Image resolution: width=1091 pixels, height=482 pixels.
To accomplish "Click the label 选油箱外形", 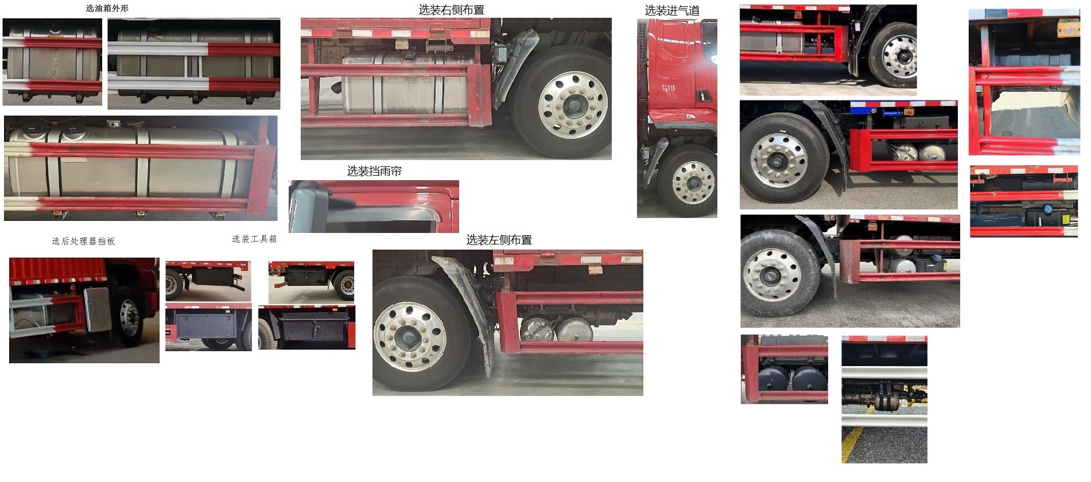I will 107,9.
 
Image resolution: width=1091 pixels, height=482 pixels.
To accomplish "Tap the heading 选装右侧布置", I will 451,10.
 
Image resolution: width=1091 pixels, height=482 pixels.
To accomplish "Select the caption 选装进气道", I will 671,10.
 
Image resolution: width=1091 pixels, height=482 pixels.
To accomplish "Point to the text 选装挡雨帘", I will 374,171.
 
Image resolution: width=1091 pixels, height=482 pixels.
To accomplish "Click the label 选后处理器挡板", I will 83,242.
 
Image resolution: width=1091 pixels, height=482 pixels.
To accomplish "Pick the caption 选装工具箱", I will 254,239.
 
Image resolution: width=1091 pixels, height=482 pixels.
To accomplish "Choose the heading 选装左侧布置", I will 499,240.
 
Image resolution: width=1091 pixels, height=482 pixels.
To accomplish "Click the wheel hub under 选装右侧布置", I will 572,105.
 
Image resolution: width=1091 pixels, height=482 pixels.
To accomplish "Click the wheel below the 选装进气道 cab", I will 693,183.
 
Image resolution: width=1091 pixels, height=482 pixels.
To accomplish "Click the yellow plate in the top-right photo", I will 1068,29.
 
